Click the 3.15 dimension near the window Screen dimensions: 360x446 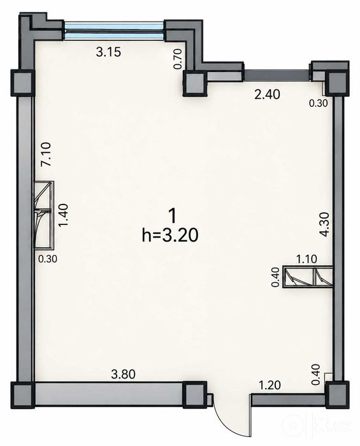[x=108, y=52]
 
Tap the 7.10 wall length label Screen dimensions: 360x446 [x=46, y=154]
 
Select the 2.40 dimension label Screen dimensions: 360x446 [x=268, y=94]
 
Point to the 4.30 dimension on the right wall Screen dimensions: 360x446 [x=324, y=224]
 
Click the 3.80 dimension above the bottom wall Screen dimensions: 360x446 [x=123, y=374]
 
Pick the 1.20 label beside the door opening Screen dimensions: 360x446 [x=270, y=385]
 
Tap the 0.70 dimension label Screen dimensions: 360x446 [x=178, y=59]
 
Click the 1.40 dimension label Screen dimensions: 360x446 [x=62, y=215]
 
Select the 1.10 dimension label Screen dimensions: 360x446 [x=306, y=259]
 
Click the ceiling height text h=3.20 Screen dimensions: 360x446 [x=170, y=236]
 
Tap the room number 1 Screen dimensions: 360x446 [x=172, y=216]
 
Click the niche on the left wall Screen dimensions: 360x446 [x=44, y=215]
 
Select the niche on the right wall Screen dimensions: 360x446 [x=308, y=277]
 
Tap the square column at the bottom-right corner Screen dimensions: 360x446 [x=337, y=395]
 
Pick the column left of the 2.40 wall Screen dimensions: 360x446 [x=195, y=83]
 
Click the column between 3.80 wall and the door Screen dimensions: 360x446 [x=194, y=394]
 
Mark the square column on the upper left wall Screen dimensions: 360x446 [x=22, y=83]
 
